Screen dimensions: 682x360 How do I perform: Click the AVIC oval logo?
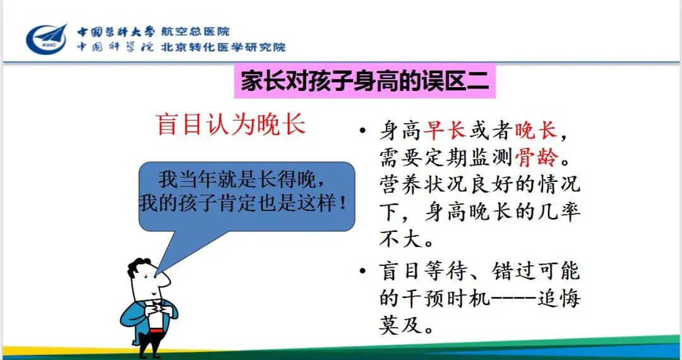coord(47,40)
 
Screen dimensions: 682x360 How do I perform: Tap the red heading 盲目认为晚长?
coord(231,125)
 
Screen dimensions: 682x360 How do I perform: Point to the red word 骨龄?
coord(537,157)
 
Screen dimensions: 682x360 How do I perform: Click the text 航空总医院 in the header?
coord(195,32)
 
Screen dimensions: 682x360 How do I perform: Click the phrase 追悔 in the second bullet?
coord(558,298)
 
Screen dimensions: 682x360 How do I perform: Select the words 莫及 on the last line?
coord(400,325)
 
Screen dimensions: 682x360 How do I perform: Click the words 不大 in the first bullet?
coord(400,239)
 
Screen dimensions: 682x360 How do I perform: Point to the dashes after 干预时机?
coord(513,299)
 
